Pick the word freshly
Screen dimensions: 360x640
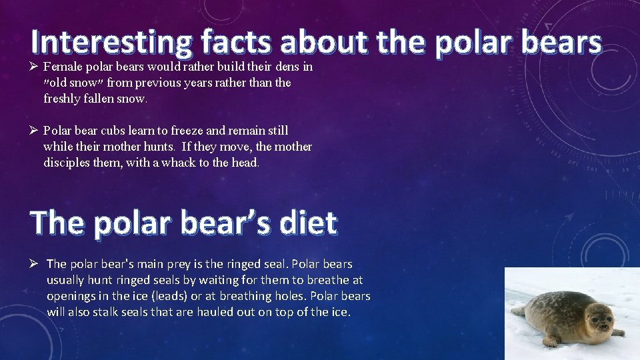coord(65,99)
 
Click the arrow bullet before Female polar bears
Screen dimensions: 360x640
coord(35,67)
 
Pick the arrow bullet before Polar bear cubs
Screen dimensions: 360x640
coord(35,131)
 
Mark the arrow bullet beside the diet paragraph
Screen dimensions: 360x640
coord(35,264)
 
